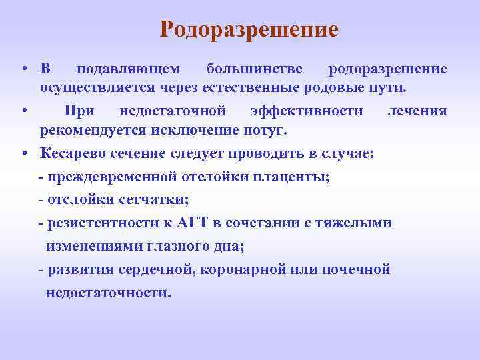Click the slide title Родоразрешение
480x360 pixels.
(249, 29)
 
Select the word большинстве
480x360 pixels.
(254, 69)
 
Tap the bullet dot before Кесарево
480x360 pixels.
(23, 153)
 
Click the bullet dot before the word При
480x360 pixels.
(23, 110)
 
